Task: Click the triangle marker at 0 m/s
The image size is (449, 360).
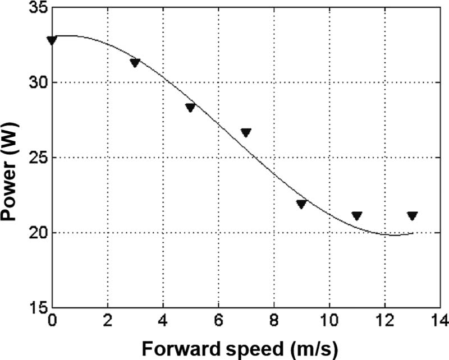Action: click(x=52, y=40)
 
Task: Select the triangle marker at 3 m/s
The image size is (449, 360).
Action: click(x=135, y=63)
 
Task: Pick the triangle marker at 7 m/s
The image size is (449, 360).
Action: click(x=246, y=133)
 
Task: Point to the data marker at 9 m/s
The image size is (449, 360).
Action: click(x=301, y=204)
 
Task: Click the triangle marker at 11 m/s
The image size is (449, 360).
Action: click(x=357, y=216)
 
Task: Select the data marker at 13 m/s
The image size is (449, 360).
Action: click(x=412, y=216)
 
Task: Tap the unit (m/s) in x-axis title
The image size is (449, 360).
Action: click(x=311, y=349)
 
